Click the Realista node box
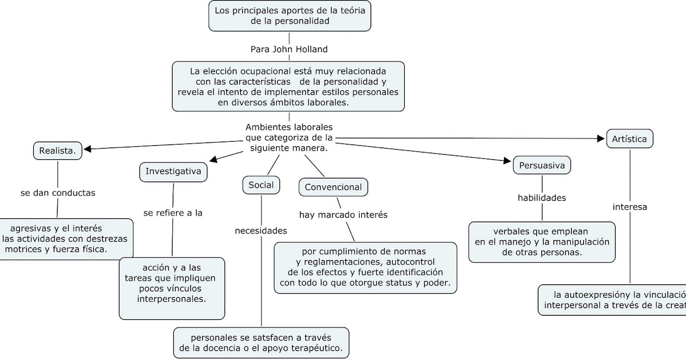tap(57, 151)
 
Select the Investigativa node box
tap(173, 171)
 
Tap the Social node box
tap(261, 185)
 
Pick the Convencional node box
tap(333, 187)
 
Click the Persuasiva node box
tap(542, 166)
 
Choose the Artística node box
tap(629, 139)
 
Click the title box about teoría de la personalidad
tap(290, 15)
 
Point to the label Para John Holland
tap(289, 49)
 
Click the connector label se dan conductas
tap(58, 193)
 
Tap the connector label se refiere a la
tap(173, 213)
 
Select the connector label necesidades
tap(261, 231)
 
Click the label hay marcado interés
tap(344, 215)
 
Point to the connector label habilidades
tap(541, 198)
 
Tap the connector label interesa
tap(630, 207)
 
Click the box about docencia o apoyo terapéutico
tap(261, 342)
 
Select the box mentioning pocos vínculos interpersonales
tap(172, 288)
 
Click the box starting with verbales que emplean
tap(541, 241)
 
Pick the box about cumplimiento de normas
tap(365, 267)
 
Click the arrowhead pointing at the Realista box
tap(88, 149)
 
